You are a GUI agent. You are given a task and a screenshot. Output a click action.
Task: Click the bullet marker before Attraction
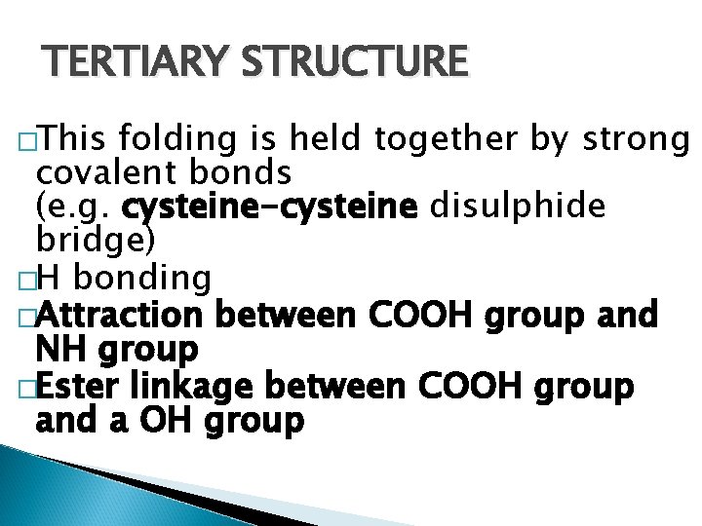point(26,317)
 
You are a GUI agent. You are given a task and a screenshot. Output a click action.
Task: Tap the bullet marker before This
point(26,141)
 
